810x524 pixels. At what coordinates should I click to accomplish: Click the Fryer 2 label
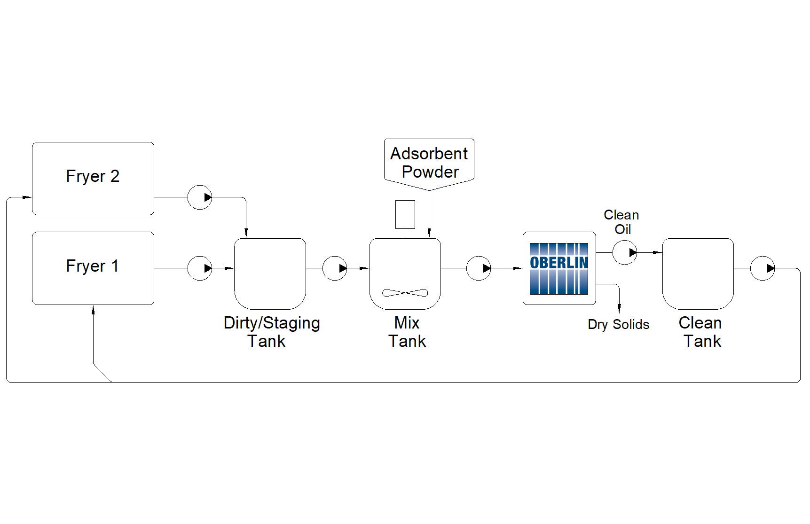93,176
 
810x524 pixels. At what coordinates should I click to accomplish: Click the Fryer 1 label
93,266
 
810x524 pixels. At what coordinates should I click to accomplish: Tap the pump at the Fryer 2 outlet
200,197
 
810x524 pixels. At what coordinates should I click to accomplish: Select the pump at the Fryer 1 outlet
200,268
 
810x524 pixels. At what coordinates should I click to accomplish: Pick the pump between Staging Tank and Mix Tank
335,268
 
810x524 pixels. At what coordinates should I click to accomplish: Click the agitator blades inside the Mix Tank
405,293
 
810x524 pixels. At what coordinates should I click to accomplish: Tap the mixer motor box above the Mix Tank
405,214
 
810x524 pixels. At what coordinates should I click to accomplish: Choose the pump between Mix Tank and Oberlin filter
479,268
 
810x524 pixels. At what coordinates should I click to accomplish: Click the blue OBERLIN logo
559,268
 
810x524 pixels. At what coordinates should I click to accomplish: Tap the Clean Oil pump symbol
625,252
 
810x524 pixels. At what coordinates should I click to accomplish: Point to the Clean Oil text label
621,222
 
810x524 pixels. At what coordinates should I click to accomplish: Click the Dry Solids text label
618,324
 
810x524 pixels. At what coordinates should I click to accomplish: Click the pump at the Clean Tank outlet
763,268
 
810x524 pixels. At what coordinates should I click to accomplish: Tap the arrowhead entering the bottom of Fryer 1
93,310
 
